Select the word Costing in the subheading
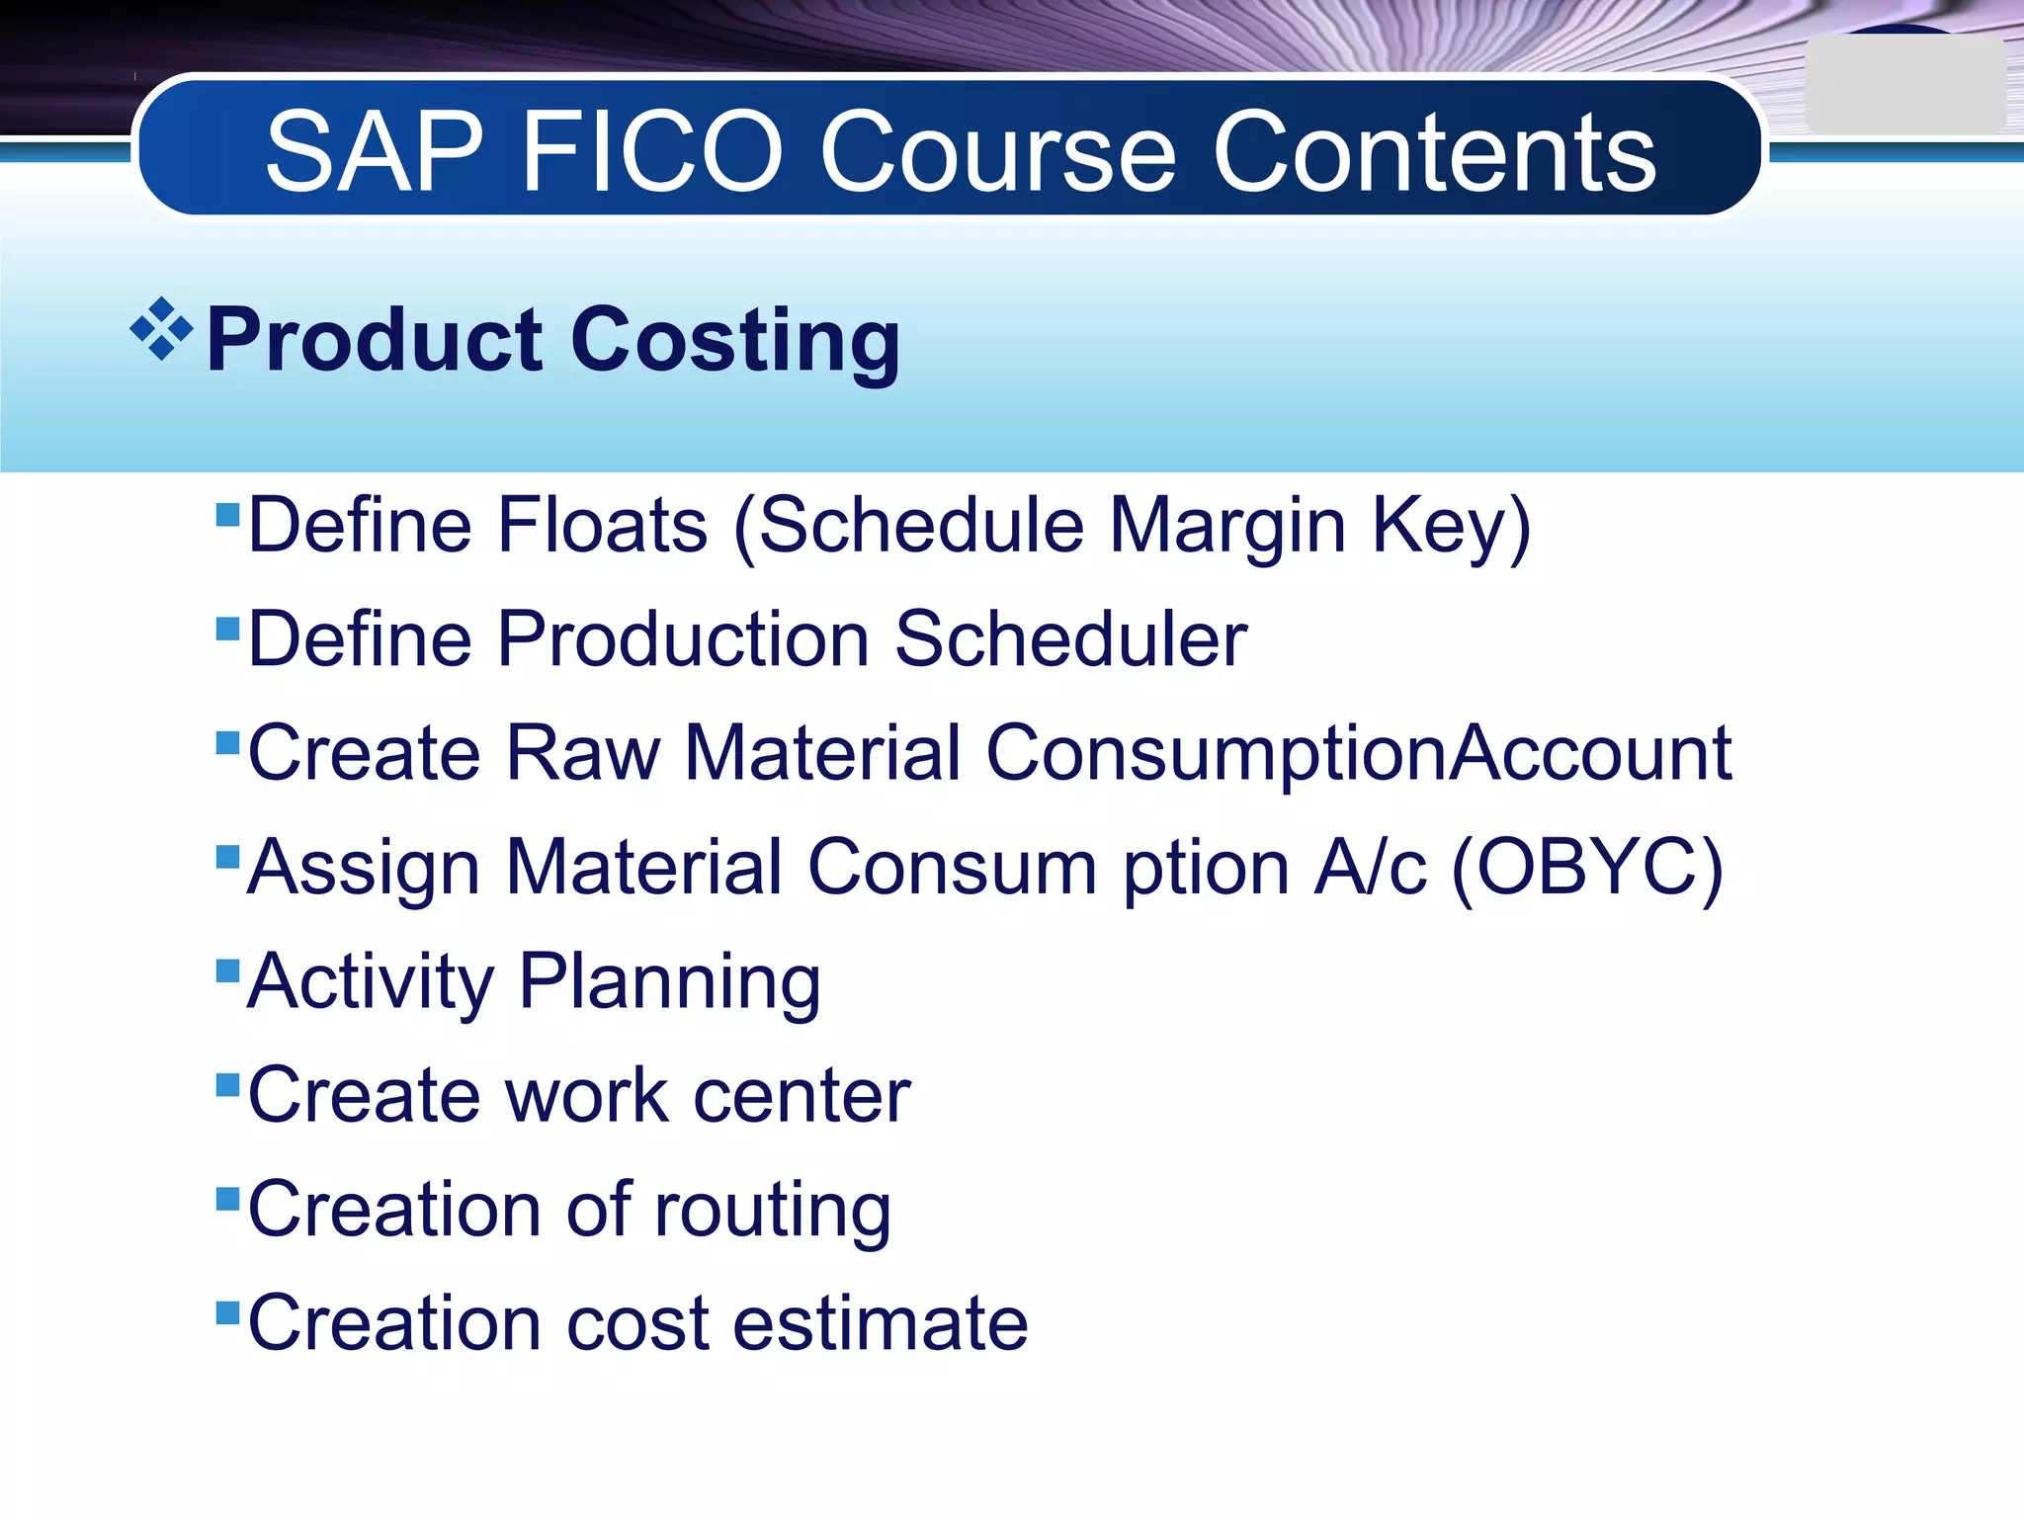coord(735,340)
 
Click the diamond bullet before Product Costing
coord(161,328)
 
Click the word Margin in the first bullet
coord(1227,525)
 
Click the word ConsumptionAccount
coord(1359,753)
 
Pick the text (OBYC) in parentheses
coord(1587,867)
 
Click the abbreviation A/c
coord(1371,867)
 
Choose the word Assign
coord(363,867)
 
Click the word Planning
coord(669,981)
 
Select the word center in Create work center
coord(801,1095)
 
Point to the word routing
coord(772,1210)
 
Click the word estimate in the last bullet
coord(881,1323)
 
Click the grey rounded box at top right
coord(1902,85)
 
